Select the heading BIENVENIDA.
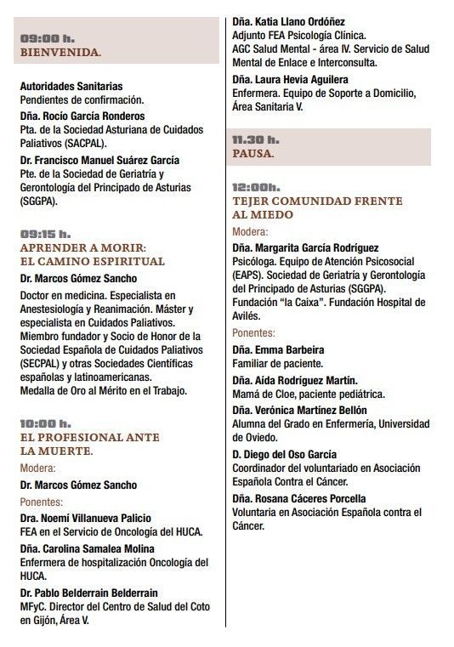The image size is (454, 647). pyautogui.click(x=60, y=53)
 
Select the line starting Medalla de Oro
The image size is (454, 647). pyautogui.click(x=102, y=390)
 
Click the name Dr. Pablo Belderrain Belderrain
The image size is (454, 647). pyautogui.click(x=101, y=592)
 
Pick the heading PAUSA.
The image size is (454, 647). pyautogui.click(x=253, y=154)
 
